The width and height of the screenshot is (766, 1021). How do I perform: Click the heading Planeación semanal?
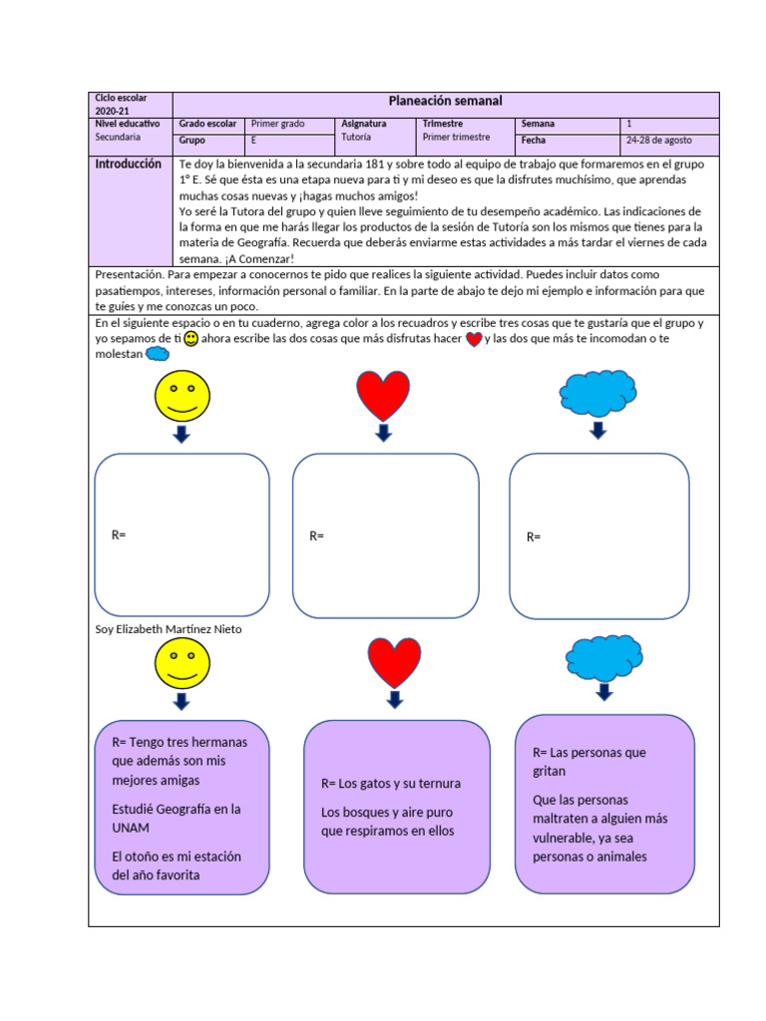point(445,101)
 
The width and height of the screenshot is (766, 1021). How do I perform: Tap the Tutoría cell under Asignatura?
point(356,138)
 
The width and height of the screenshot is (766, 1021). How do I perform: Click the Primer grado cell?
point(278,124)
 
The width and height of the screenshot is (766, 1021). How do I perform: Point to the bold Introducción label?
point(128,165)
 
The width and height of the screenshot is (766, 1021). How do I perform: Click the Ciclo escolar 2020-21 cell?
point(121,105)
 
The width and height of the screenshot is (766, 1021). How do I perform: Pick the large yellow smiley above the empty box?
point(182,395)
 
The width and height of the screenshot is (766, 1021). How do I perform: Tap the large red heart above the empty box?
point(383,395)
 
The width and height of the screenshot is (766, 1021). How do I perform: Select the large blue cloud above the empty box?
point(598,392)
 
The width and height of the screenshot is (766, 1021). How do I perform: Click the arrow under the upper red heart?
point(383,432)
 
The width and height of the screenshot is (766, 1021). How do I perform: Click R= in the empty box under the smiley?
point(119,534)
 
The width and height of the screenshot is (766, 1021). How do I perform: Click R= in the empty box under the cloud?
point(534,537)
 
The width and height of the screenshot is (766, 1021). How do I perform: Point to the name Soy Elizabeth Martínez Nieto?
point(168,629)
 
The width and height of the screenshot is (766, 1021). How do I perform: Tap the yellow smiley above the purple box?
point(182,663)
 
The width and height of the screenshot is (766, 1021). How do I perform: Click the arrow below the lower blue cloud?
point(604,692)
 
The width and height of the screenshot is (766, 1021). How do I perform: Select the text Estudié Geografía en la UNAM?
point(177,818)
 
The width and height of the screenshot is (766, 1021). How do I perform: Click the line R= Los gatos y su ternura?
point(391,784)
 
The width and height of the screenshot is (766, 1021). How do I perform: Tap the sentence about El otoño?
point(177,865)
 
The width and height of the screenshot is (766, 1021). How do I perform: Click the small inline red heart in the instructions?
point(474,339)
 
